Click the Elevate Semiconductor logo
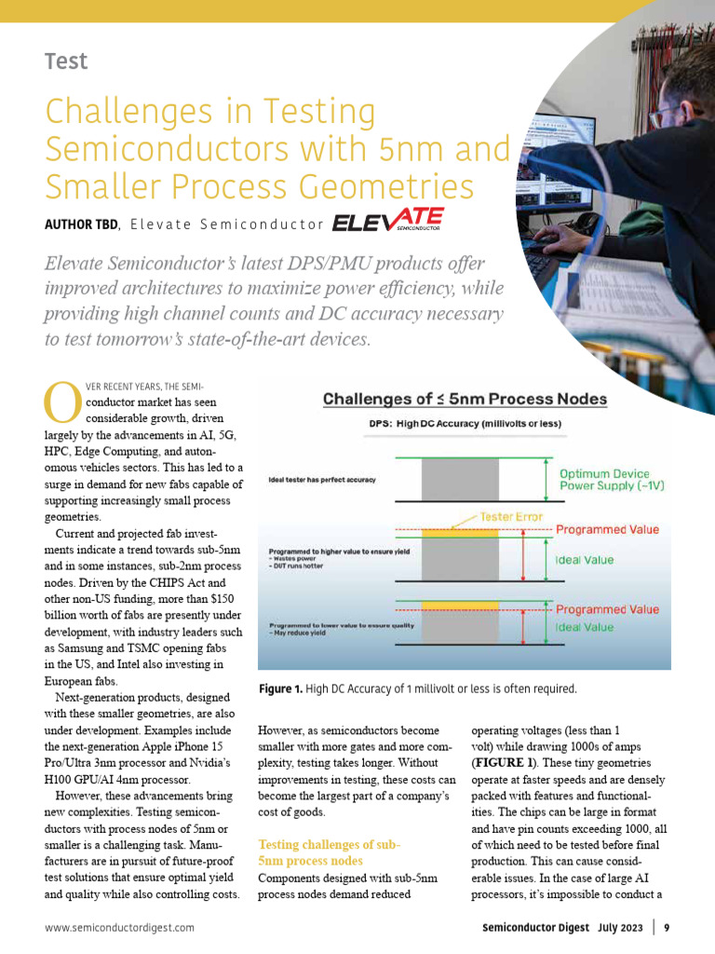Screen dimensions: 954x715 click(x=388, y=223)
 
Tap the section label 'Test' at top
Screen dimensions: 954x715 click(x=65, y=62)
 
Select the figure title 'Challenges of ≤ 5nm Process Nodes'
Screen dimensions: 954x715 click(x=465, y=400)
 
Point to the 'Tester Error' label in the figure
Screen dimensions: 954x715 click(x=511, y=516)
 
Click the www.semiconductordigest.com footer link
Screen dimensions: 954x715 click(x=120, y=928)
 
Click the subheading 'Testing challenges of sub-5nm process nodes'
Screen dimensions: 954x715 click(x=329, y=852)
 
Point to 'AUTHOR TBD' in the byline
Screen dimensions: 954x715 click(x=81, y=225)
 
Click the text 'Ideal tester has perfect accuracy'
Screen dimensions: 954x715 click(x=321, y=480)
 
